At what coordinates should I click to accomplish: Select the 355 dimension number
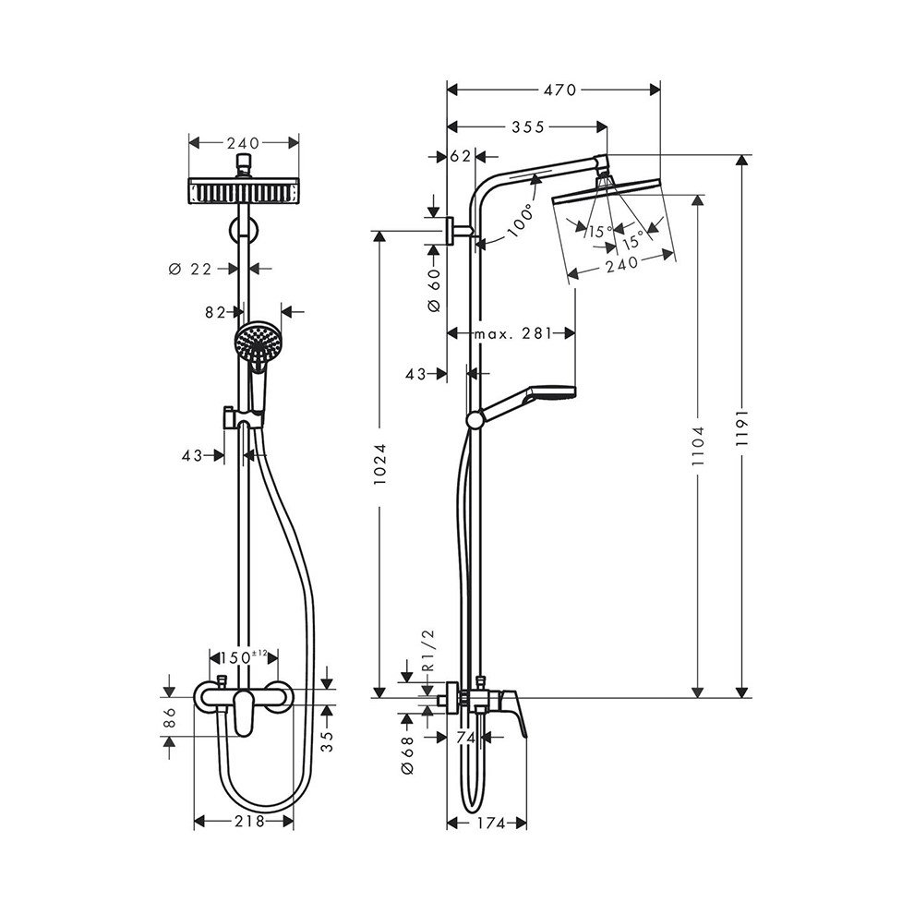coord(527,126)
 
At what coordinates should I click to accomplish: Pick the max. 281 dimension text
coord(511,332)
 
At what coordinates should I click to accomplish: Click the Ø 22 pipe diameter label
coord(192,269)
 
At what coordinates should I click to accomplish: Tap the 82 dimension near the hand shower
coord(215,313)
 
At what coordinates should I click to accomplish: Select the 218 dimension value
coord(245,821)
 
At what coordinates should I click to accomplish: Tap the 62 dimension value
coord(461,156)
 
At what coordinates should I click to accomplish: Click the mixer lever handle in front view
coord(244,716)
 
